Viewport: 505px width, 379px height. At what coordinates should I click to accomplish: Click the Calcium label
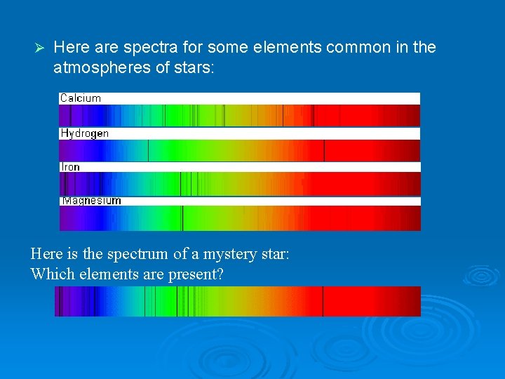(x=81, y=98)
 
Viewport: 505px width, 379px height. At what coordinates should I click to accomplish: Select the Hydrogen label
(x=84, y=133)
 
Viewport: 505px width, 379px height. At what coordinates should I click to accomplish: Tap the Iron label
(x=71, y=167)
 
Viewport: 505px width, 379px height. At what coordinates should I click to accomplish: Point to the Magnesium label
(x=91, y=201)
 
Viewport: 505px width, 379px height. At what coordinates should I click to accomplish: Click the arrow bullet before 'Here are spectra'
(x=40, y=48)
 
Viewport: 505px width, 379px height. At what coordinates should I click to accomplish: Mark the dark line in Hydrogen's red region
(x=324, y=150)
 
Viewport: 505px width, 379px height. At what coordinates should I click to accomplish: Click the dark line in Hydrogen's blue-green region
(x=148, y=150)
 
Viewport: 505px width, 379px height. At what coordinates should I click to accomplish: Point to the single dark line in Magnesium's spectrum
(x=182, y=218)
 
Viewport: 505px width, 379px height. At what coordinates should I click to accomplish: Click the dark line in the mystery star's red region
(x=323, y=301)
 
